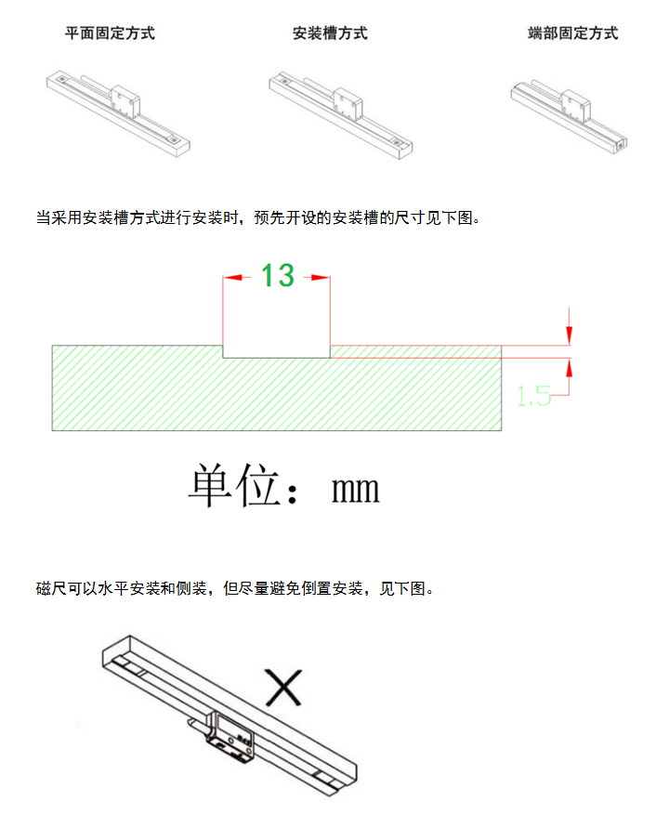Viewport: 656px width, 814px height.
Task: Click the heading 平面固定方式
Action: coord(110,33)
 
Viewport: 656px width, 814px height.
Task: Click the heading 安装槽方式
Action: coord(330,33)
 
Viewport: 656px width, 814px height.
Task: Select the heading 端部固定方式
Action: coord(572,33)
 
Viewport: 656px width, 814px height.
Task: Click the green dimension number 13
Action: coord(277,275)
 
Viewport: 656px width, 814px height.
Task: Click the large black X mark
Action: coord(283,688)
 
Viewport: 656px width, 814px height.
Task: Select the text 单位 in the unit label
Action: coord(234,485)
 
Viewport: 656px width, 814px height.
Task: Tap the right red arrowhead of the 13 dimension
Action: coord(321,277)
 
